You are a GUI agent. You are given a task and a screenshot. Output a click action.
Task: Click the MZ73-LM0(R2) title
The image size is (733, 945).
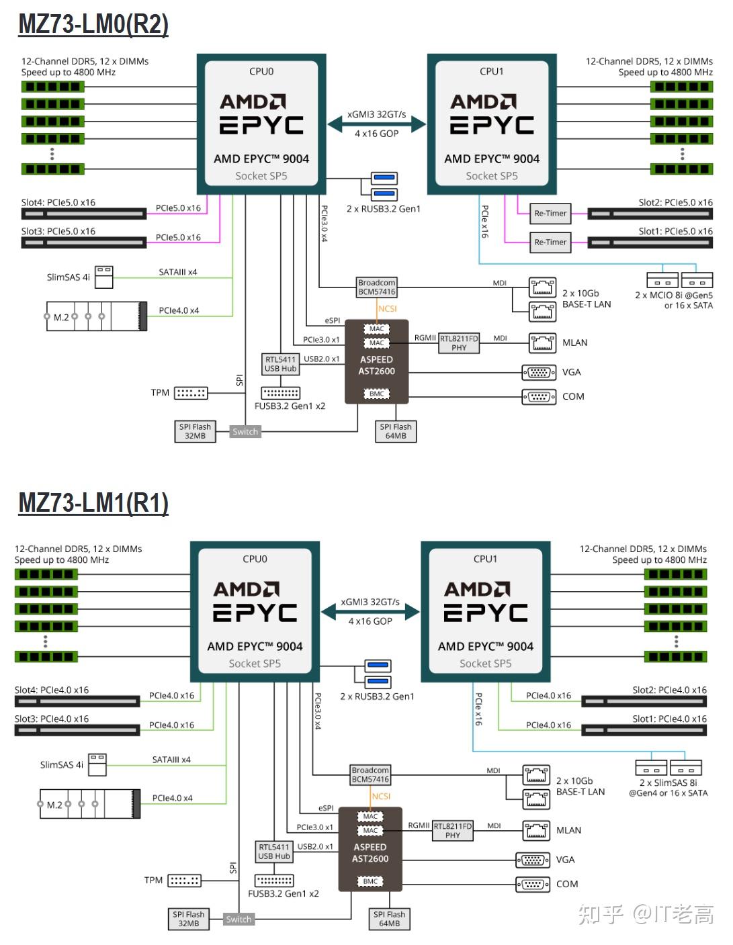[x=93, y=24]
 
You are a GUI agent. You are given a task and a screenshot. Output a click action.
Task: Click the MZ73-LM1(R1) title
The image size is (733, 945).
[x=93, y=503]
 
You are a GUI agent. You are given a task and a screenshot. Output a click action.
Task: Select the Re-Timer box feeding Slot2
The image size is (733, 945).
[x=550, y=214]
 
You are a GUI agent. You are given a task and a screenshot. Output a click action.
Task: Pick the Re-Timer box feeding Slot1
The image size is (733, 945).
[x=550, y=242]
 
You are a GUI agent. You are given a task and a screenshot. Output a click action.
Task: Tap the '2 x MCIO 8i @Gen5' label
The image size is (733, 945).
[x=673, y=295]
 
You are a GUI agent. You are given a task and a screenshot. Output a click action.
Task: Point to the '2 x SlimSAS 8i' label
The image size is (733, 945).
[x=668, y=782]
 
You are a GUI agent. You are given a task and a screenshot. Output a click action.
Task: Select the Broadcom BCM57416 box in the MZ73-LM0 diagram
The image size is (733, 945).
[x=376, y=287]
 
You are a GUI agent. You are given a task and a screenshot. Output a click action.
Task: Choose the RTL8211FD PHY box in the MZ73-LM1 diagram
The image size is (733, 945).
[x=452, y=831]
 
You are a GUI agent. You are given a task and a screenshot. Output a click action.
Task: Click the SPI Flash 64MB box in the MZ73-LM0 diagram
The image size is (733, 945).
[x=396, y=431]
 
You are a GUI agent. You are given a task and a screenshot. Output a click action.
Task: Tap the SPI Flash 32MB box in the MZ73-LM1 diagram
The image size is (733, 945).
[x=188, y=919]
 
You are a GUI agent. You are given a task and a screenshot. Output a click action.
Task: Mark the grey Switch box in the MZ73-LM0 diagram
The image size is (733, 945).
[x=245, y=431]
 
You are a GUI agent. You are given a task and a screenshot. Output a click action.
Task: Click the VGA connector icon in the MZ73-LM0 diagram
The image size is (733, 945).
[x=539, y=373]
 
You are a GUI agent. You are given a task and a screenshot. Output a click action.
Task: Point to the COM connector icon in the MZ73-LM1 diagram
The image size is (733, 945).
[x=533, y=885]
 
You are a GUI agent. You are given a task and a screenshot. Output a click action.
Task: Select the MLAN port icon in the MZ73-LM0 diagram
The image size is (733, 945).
[x=542, y=343]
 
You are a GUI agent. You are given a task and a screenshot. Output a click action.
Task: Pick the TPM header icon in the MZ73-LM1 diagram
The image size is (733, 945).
[x=185, y=881]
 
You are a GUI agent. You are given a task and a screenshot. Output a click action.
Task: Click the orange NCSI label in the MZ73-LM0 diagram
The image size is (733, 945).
[x=387, y=309]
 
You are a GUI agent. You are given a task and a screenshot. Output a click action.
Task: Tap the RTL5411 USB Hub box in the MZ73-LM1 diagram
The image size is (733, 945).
[x=273, y=852]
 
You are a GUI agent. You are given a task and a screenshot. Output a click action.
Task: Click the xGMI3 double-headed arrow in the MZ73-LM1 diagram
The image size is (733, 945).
[x=370, y=612]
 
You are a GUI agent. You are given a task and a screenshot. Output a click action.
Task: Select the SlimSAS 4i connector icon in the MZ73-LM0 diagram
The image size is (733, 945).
[x=104, y=277]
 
